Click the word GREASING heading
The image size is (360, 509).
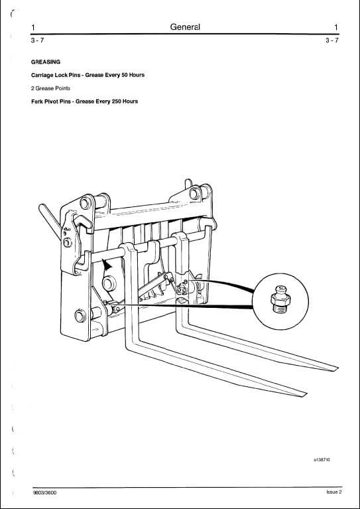46,62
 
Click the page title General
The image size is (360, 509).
185,27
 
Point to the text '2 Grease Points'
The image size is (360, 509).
50,88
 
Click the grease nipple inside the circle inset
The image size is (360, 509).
280,299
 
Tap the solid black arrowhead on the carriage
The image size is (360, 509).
107,265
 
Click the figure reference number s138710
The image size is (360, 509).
322,460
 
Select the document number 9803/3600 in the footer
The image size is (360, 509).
44,492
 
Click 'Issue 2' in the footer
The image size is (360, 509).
334,492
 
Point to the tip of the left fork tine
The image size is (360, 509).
304,395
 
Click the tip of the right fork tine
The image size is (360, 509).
335,368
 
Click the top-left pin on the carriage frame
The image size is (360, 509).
86,203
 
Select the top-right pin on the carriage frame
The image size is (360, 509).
195,194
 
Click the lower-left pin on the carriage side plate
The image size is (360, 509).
80,316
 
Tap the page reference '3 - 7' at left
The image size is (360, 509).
37,40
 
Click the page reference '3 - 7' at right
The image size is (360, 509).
332,40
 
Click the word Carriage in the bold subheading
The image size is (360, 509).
42,75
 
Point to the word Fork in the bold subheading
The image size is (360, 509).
36,102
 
